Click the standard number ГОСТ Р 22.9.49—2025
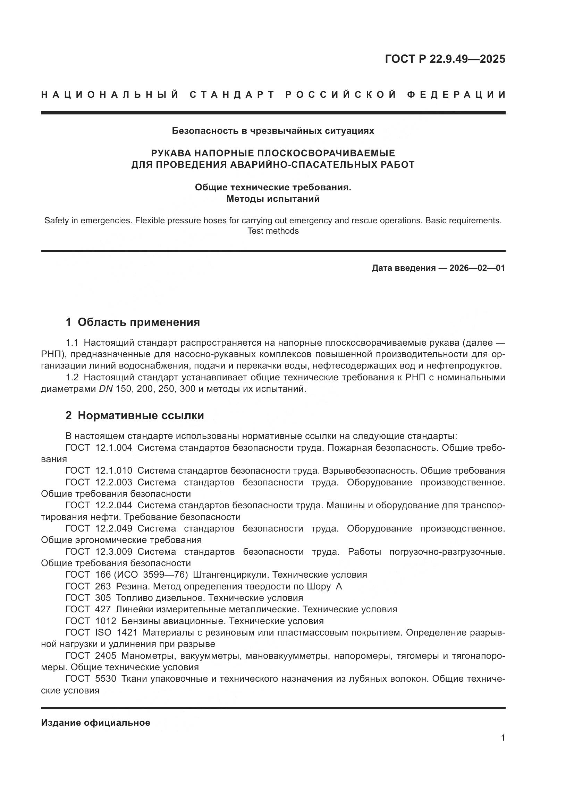pos(445,59)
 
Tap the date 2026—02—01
pos(477,268)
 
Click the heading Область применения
pos(138,322)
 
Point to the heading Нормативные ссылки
pos(141,415)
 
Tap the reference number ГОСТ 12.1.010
pos(99,471)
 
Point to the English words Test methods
pos(273,231)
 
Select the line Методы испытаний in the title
pos(273,199)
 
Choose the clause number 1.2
pos(72,377)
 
